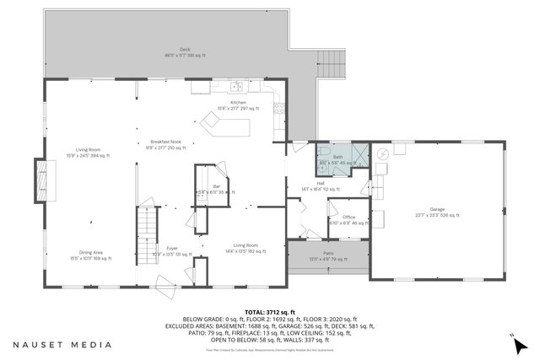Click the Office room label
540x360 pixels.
(x=348, y=219)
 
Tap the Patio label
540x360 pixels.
(x=327, y=254)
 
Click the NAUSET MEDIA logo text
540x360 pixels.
(x=62, y=344)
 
